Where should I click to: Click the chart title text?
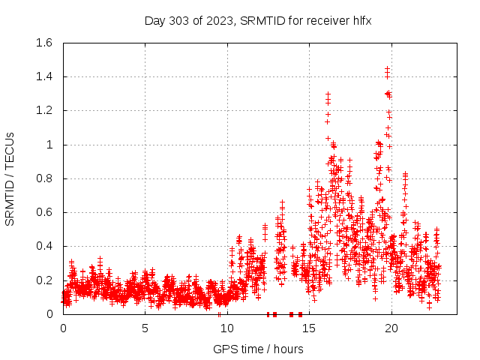258,20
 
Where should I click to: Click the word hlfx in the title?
361,20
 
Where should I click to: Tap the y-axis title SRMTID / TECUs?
10,178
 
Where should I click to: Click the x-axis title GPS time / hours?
258,349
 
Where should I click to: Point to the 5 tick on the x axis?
145,328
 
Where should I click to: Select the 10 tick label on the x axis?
227,328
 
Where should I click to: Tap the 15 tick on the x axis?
309,328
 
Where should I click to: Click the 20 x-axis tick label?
391,328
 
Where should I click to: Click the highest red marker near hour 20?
387,68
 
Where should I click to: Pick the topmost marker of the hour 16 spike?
328,94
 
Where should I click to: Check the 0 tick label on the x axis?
63,328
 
